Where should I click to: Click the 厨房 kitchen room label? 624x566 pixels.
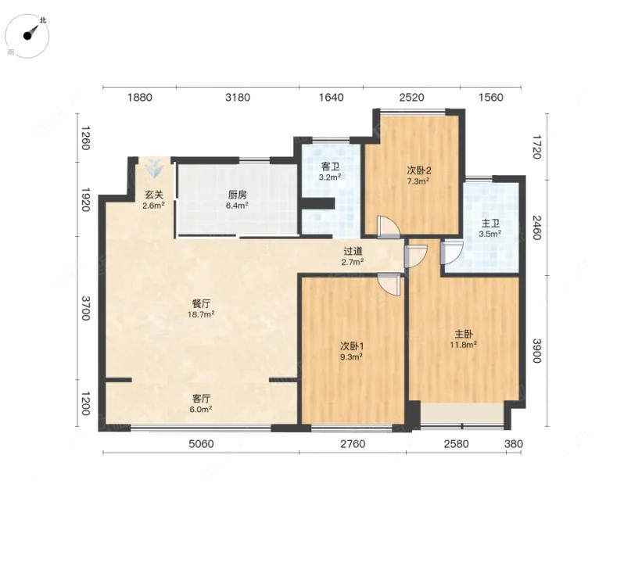(237, 195)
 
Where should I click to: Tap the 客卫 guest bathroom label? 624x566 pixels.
(330, 167)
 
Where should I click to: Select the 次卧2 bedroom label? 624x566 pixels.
(418, 170)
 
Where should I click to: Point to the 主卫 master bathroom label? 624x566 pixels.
(490, 224)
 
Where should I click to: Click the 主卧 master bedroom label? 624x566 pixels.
(464, 334)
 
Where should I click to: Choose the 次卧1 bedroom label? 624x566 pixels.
(351, 346)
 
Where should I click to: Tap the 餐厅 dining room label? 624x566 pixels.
(201, 304)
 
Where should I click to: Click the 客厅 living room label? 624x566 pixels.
(201, 399)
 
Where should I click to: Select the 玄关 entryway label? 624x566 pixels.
(153, 195)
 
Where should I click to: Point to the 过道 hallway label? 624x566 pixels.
(353, 252)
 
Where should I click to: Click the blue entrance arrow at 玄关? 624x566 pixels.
(153, 168)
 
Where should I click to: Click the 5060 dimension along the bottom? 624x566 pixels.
(201, 443)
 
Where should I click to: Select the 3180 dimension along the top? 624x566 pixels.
(238, 98)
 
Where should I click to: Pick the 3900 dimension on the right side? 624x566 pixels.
(536, 350)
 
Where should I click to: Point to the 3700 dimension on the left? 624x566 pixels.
(85, 307)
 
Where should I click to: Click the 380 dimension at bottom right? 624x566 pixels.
(514, 443)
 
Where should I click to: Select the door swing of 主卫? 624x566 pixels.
(452, 253)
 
